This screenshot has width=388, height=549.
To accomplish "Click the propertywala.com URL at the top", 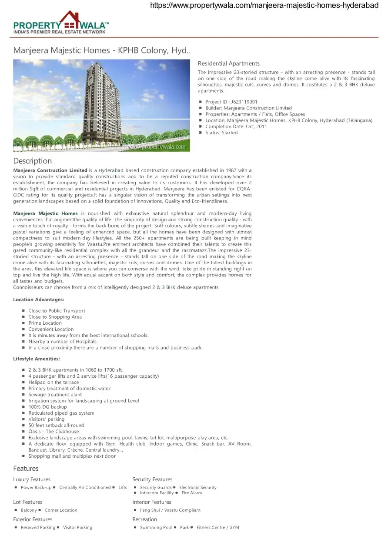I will pos(264,6).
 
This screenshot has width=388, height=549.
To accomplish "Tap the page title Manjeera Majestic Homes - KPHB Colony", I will pos(102,50).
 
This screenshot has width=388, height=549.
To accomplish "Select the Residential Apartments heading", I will pos(228,63).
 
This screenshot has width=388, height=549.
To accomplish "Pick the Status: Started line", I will pos(221,133).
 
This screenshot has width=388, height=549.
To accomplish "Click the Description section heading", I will pos(33,161).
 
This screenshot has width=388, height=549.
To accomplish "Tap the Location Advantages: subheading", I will pos(39,300).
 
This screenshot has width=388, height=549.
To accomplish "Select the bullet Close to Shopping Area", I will pos(55,317).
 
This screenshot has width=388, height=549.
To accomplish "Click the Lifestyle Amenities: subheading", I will pos(37,359).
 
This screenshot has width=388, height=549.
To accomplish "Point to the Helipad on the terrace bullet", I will pos(54,383).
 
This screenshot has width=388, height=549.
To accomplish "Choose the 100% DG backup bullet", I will pos(47,407).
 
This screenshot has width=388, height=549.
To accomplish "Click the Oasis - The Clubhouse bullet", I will pos(54,432).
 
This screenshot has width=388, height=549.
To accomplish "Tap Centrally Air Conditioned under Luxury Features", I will pos(85,488).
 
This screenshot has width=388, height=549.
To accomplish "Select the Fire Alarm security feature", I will pos(191,493).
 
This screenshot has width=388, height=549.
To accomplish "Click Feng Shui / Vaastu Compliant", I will pos(170,510).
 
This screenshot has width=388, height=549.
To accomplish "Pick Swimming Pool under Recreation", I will pos(156,528).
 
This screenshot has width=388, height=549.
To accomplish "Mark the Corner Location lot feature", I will pos(60,510).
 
